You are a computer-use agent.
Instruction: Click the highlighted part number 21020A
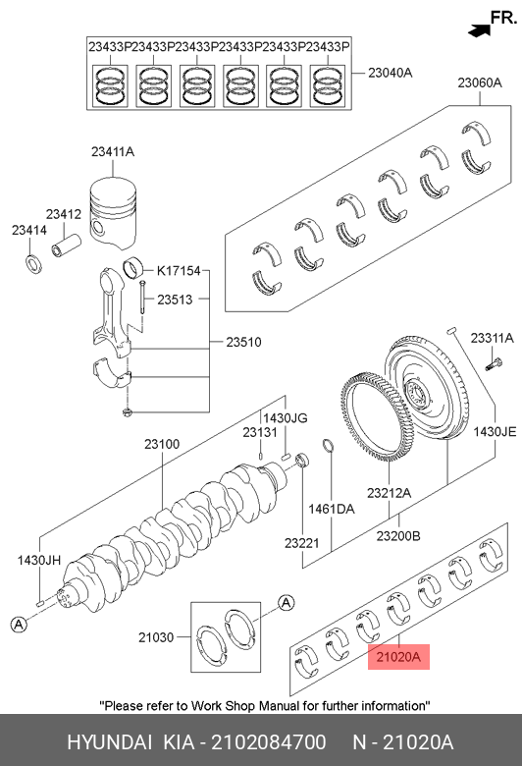(398, 657)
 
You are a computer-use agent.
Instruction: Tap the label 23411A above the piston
(112, 152)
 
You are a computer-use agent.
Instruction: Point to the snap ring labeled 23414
(33, 264)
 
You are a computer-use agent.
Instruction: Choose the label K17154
(179, 271)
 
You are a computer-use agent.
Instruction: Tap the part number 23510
(243, 342)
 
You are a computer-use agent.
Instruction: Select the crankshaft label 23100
(162, 444)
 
